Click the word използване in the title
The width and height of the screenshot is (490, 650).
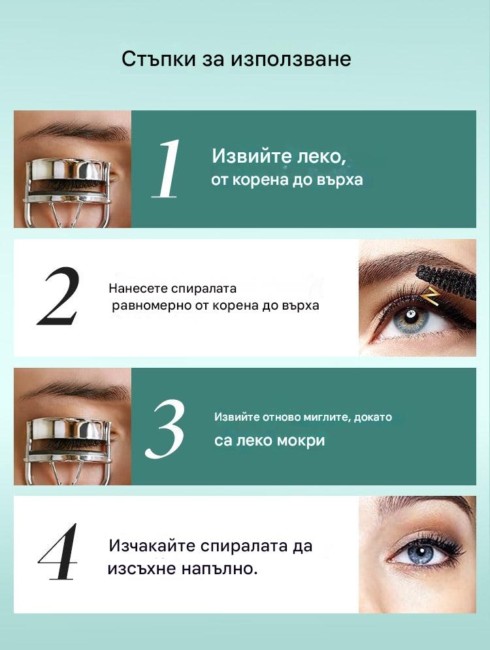(x=291, y=59)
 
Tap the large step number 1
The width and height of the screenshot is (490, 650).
(x=167, y=169)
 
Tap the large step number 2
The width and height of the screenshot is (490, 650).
(x=58, y=296)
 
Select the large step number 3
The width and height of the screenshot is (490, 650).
(x=165, y=429)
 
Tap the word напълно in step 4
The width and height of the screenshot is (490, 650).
(x=220, y=569)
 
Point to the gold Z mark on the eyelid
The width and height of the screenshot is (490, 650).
(x=432, y=297)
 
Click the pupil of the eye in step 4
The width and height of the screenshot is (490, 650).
(x=421, y=552)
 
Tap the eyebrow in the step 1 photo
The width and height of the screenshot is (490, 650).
(x=73, y=132)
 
